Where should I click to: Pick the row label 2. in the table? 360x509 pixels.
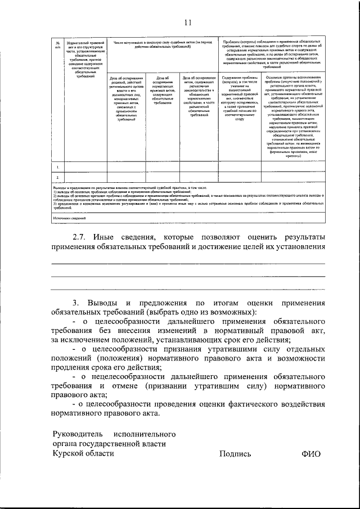[x=57, y=178]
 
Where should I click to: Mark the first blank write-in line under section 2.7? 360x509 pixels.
[x=188, y=263]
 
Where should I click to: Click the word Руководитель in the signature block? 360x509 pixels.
[x=78, y=434]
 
